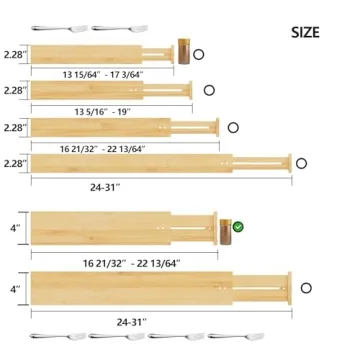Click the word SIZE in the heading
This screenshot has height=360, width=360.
pyautogui.click(x=305, y=32)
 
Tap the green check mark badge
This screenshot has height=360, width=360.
pyautogui.click(x=238, y=227)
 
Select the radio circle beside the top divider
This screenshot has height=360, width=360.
pyautogui.click(x=198, y=55)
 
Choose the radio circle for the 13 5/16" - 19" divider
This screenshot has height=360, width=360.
pyautogui.click(x=209, y=91)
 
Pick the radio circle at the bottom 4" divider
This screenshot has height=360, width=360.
pyautogui.click(x=307, y=287)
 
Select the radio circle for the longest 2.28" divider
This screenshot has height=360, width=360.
pyautogui.click(x=300, y=162)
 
